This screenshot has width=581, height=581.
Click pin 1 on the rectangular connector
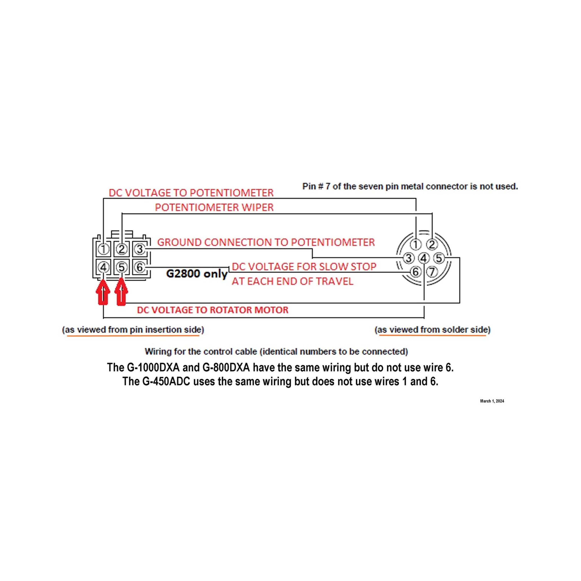[x=103, y=249]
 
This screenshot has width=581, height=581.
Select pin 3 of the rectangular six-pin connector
[x=139, y=249]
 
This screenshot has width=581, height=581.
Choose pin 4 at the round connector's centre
[x=424, y=258]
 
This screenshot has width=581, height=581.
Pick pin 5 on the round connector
[x=439, y=258]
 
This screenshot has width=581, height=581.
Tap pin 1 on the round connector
[x=416, y=245]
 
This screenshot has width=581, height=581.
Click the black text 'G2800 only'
[x=197, y=274]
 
